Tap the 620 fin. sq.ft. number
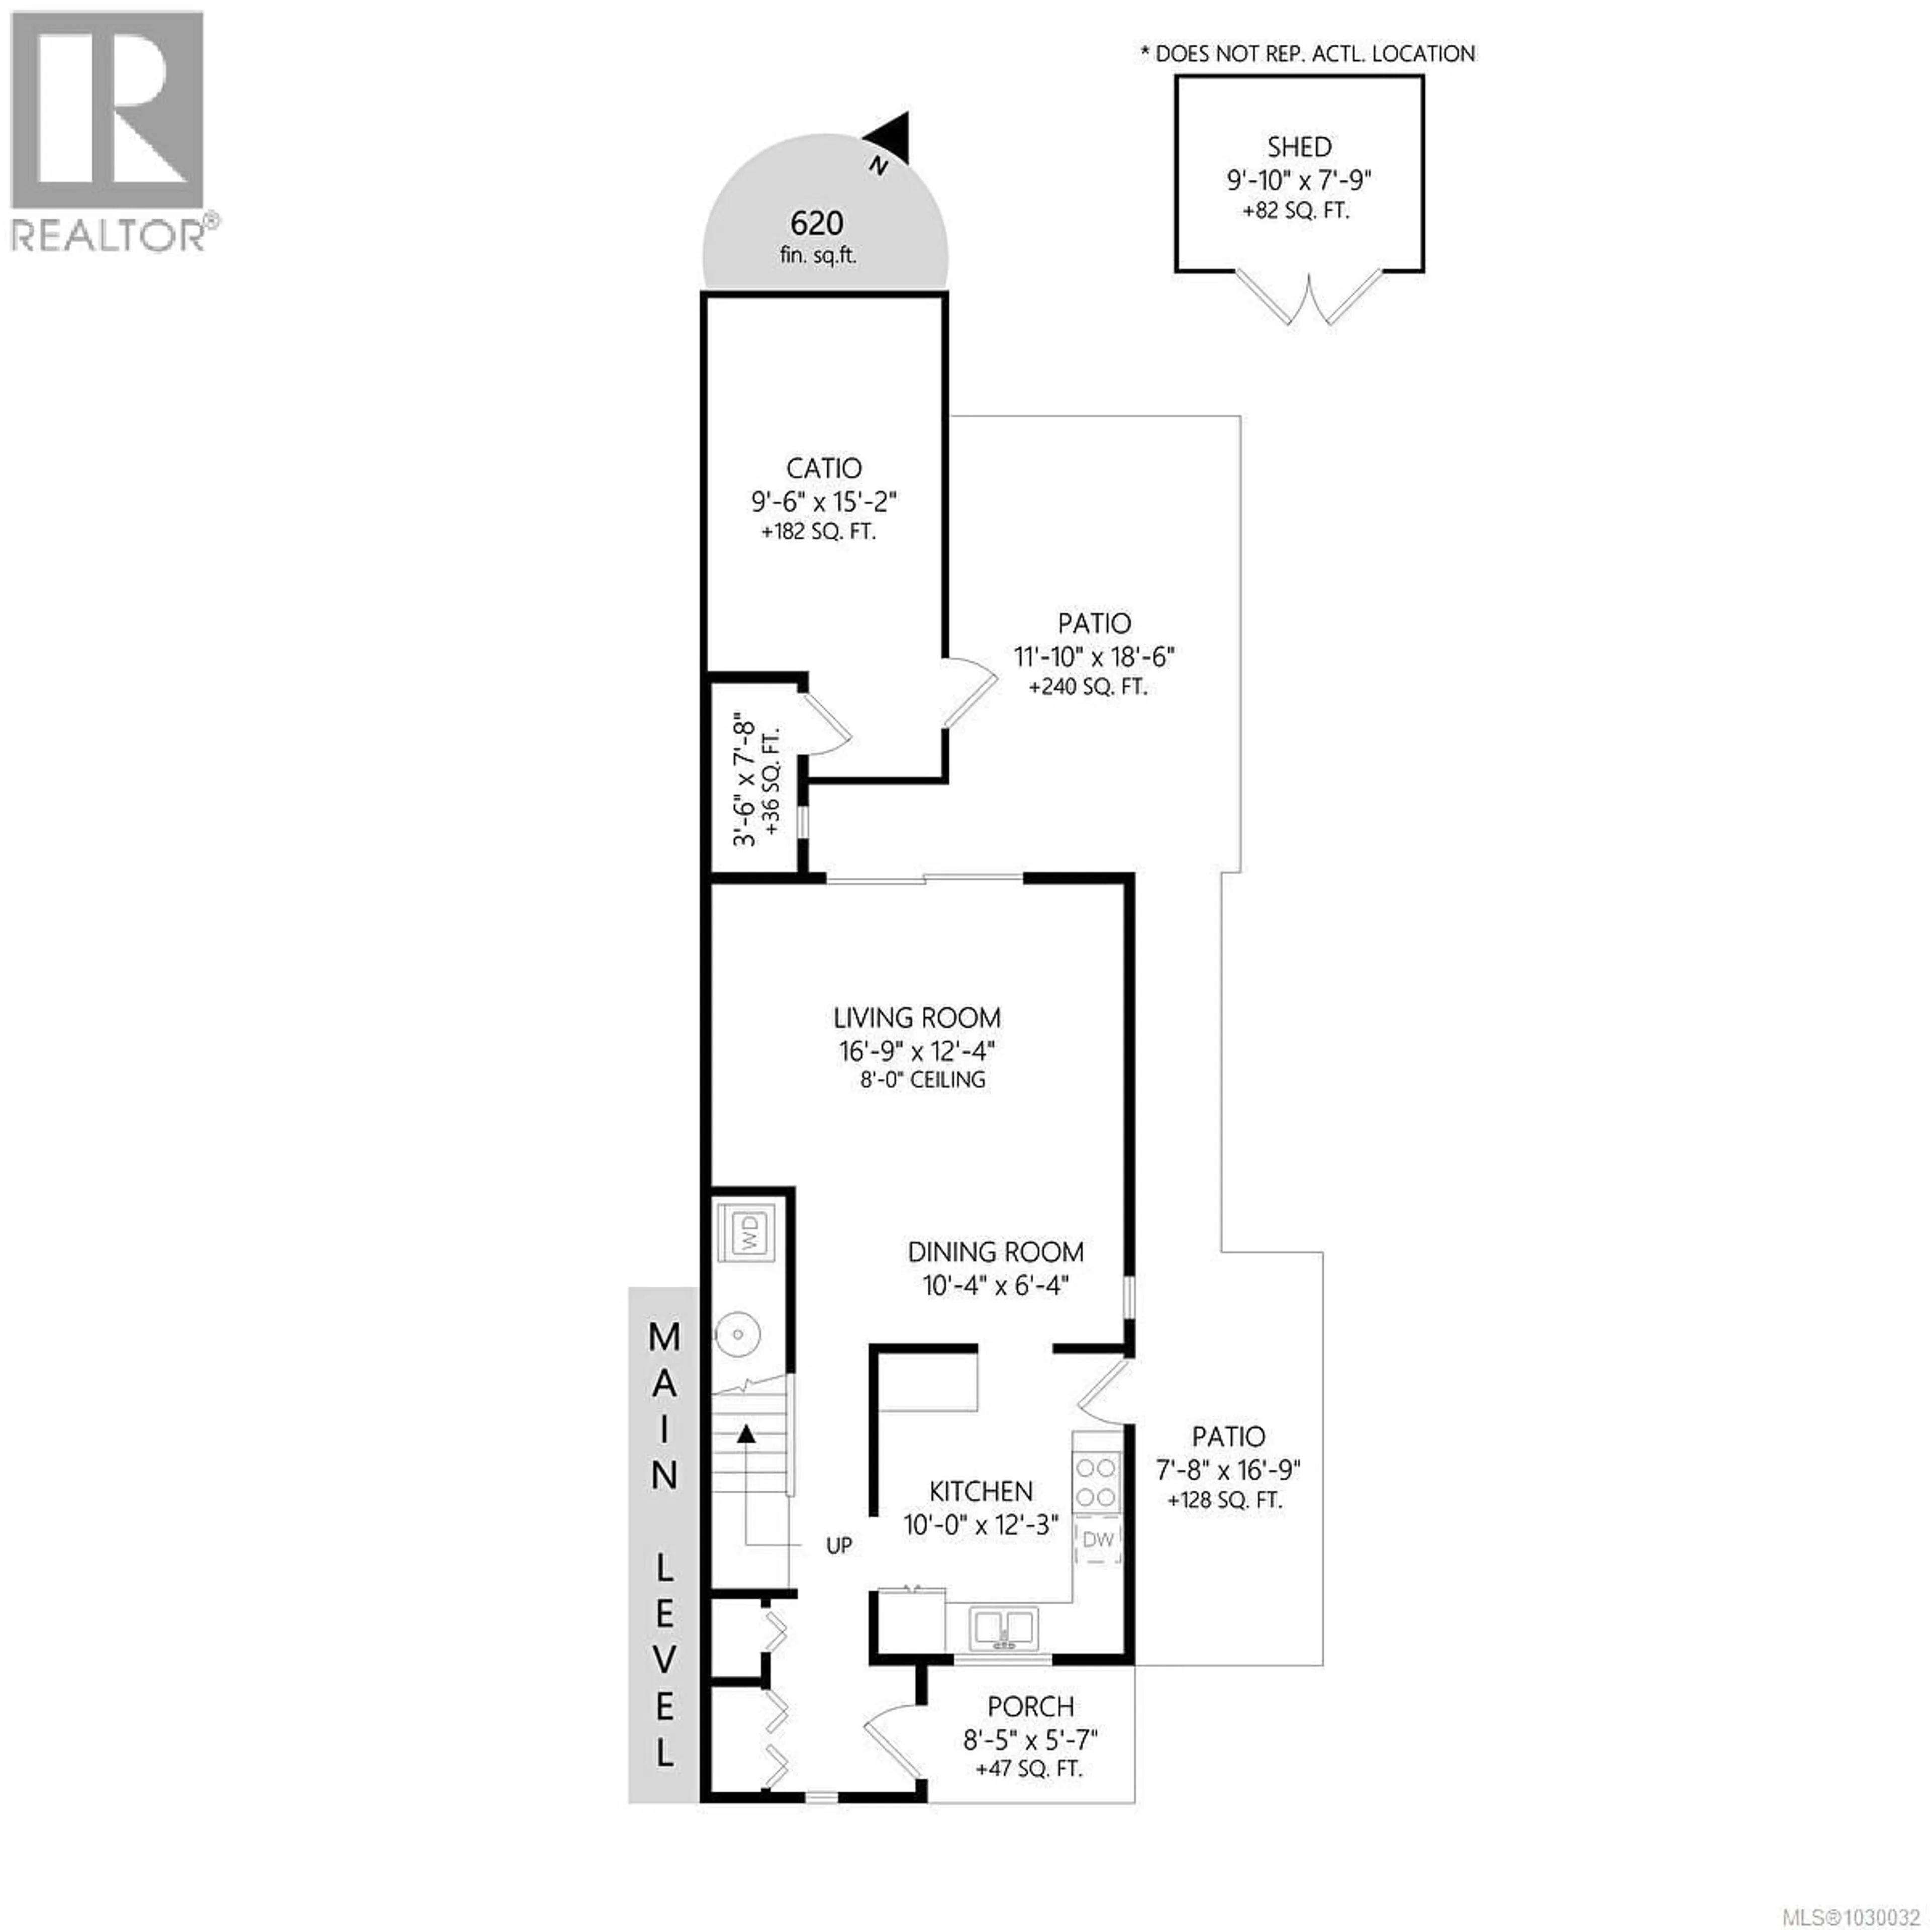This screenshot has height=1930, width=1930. click(816, 223)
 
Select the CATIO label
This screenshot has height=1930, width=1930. click(823, 467)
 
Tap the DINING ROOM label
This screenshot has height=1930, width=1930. click(995, 1251)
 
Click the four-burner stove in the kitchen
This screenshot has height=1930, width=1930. click(1095, 1482)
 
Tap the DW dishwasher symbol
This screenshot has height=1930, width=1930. click(1098, 1539)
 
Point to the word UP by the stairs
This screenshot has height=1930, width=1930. click(839, 1546)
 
